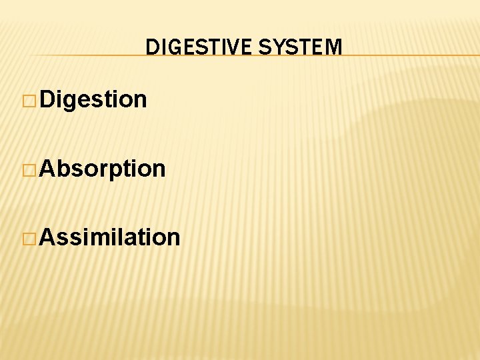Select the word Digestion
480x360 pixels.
pyautogui.click(x=93, y=99)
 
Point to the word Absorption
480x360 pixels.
pyautogui.click(x=102, y=169)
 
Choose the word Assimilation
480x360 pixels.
pyautogui.click(x=109, y=237)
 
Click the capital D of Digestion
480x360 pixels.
pyautogui.click(x=47, y=99)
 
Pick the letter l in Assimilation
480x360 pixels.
pyautogui.click(x=121, y=237)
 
